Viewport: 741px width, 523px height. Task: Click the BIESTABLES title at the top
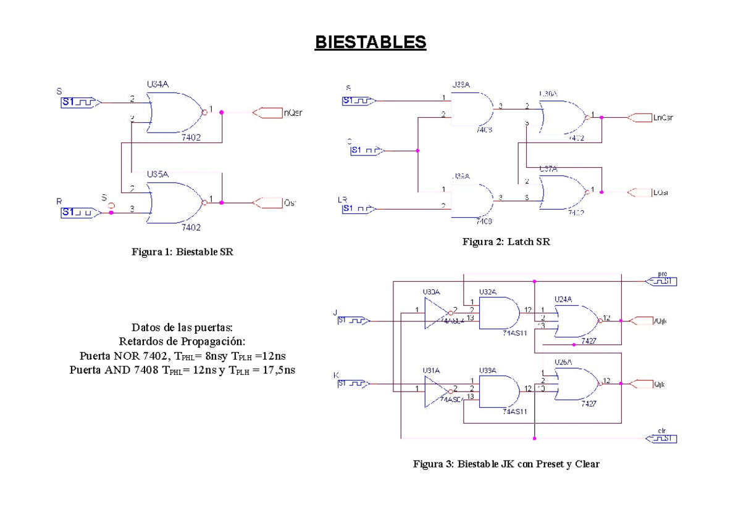[x=370, y=43]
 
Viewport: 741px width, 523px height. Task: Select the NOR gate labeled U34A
[x=175, y=113]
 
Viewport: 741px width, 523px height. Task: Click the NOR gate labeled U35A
[x=175, y=202]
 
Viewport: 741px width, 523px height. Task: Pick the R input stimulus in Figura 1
[x=77, y=212]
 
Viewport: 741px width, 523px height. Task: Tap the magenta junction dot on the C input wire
[x=418, y=150]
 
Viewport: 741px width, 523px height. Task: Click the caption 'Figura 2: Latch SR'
[x=506, y=242]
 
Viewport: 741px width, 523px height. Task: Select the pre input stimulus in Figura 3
[x=661, y=282]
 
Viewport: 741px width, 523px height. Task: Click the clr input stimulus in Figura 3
[x=661, y=439]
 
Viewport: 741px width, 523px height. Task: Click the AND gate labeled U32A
[x=498, y=313]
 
